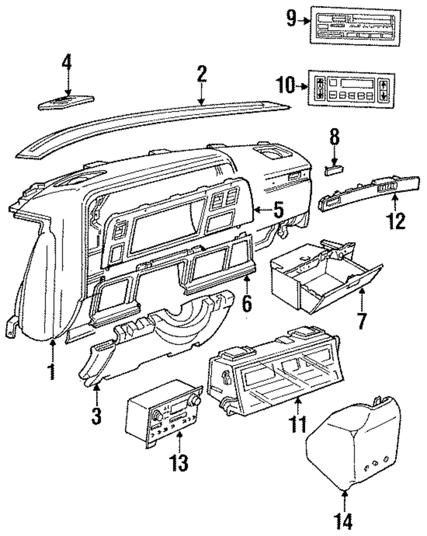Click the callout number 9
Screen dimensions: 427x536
tap(291, 18)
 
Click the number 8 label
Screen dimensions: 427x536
tap(335, 136)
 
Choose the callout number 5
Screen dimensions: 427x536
tap(278, 210)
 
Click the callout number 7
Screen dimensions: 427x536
tap(362, 321)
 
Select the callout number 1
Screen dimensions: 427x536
tap(52, 372)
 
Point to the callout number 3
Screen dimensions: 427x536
tap(97, 416)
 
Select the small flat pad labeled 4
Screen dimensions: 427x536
tap(66, 103)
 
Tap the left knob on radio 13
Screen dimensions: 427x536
tap(158, 416)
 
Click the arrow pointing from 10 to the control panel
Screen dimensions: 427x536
tap(302, 86)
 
